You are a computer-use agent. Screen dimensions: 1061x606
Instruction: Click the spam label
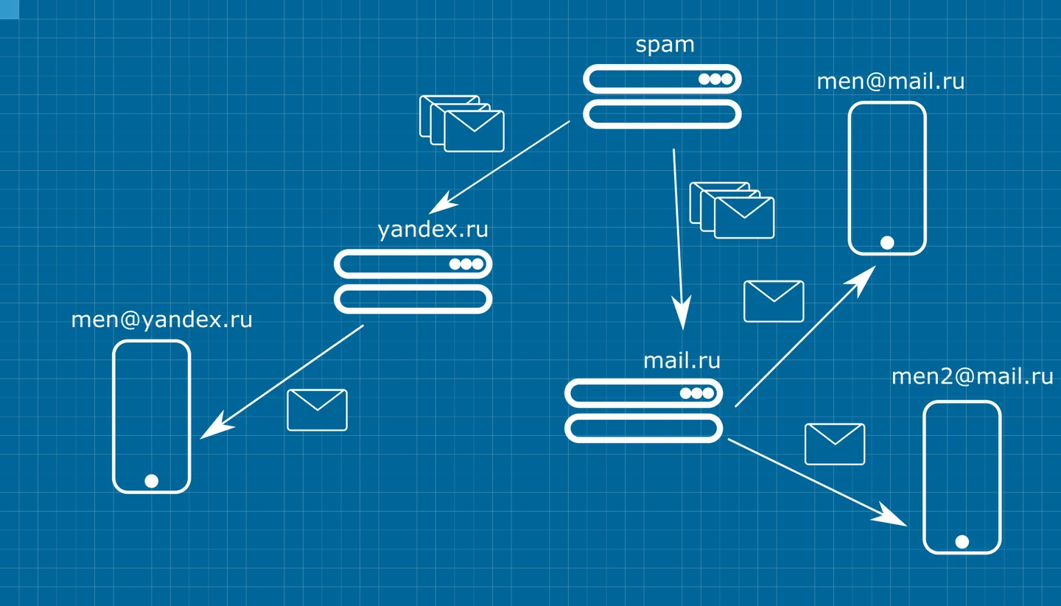pos(665,46)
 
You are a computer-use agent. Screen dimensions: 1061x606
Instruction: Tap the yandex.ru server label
pos(433,230)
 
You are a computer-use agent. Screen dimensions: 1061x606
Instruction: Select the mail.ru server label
pos(682,361)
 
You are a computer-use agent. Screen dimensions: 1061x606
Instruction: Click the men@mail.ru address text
pos(891,82)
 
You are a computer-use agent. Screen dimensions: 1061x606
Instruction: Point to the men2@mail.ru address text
pos(973,377)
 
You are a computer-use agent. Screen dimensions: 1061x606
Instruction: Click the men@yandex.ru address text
pos(161,320)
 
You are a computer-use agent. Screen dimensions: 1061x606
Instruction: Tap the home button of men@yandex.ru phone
pos(152,481)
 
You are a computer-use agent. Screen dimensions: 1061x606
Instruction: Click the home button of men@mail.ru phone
pos(887,243)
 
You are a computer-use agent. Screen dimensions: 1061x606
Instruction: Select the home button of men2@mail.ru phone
pos(962,542)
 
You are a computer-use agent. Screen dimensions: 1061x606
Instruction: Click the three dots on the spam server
pos(715,79)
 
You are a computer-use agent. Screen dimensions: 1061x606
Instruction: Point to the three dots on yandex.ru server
pos(466,264)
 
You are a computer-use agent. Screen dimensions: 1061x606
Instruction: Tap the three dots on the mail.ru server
pos(697,393)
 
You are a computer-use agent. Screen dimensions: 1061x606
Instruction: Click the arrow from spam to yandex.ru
pos(500,167)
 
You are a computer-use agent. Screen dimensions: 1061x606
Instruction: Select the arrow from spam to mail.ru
pos(679,239)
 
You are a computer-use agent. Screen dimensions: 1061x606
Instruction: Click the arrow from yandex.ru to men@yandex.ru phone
pos(281,381)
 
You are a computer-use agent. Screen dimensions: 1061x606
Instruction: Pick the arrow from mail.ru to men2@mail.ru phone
pos(818,482)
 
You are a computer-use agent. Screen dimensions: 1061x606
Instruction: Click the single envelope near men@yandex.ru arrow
pos(317,410)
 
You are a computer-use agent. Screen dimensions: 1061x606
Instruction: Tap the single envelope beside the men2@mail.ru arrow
pos(835,444)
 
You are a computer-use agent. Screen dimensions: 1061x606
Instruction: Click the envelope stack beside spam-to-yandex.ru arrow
pos(462,124)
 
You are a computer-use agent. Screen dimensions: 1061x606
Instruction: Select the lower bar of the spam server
pos(662,114)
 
